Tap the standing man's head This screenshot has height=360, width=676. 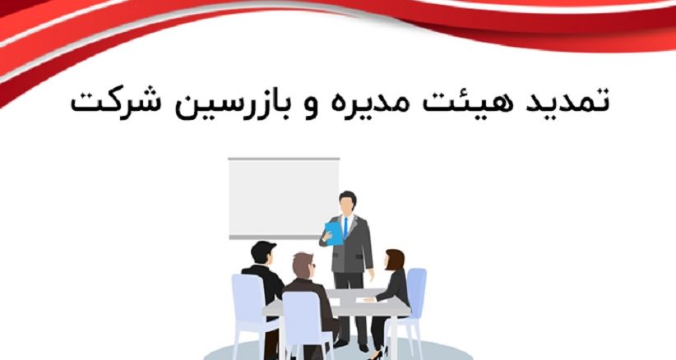click(349, 201)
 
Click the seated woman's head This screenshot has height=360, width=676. click(395, 261)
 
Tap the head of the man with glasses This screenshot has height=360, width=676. click(303, 266)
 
